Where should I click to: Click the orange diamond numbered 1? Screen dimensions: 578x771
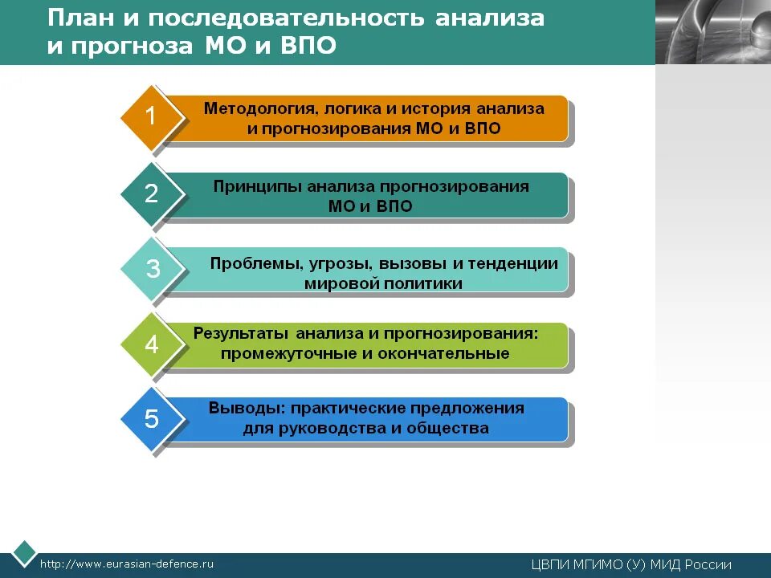(x=151, y=117)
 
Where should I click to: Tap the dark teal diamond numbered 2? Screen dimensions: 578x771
(x=151, y=193)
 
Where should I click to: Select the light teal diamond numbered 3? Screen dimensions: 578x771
(x=152, y=269)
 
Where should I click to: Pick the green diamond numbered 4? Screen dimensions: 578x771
(x=151, y=344)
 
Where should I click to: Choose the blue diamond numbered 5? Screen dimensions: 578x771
(x=151, y=419)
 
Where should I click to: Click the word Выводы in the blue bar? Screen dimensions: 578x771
(x=237, y=408)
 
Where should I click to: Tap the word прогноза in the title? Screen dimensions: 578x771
(x=128, y=46)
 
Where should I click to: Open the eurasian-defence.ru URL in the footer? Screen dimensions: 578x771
(x=127, y=564)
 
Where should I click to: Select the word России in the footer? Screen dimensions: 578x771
(x=708, y=564)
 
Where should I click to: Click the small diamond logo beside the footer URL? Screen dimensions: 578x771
(x=24, y=554)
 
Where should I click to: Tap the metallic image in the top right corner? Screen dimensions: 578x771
(x=712, y=32)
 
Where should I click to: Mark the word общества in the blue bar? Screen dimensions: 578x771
(x=447, y=428)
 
